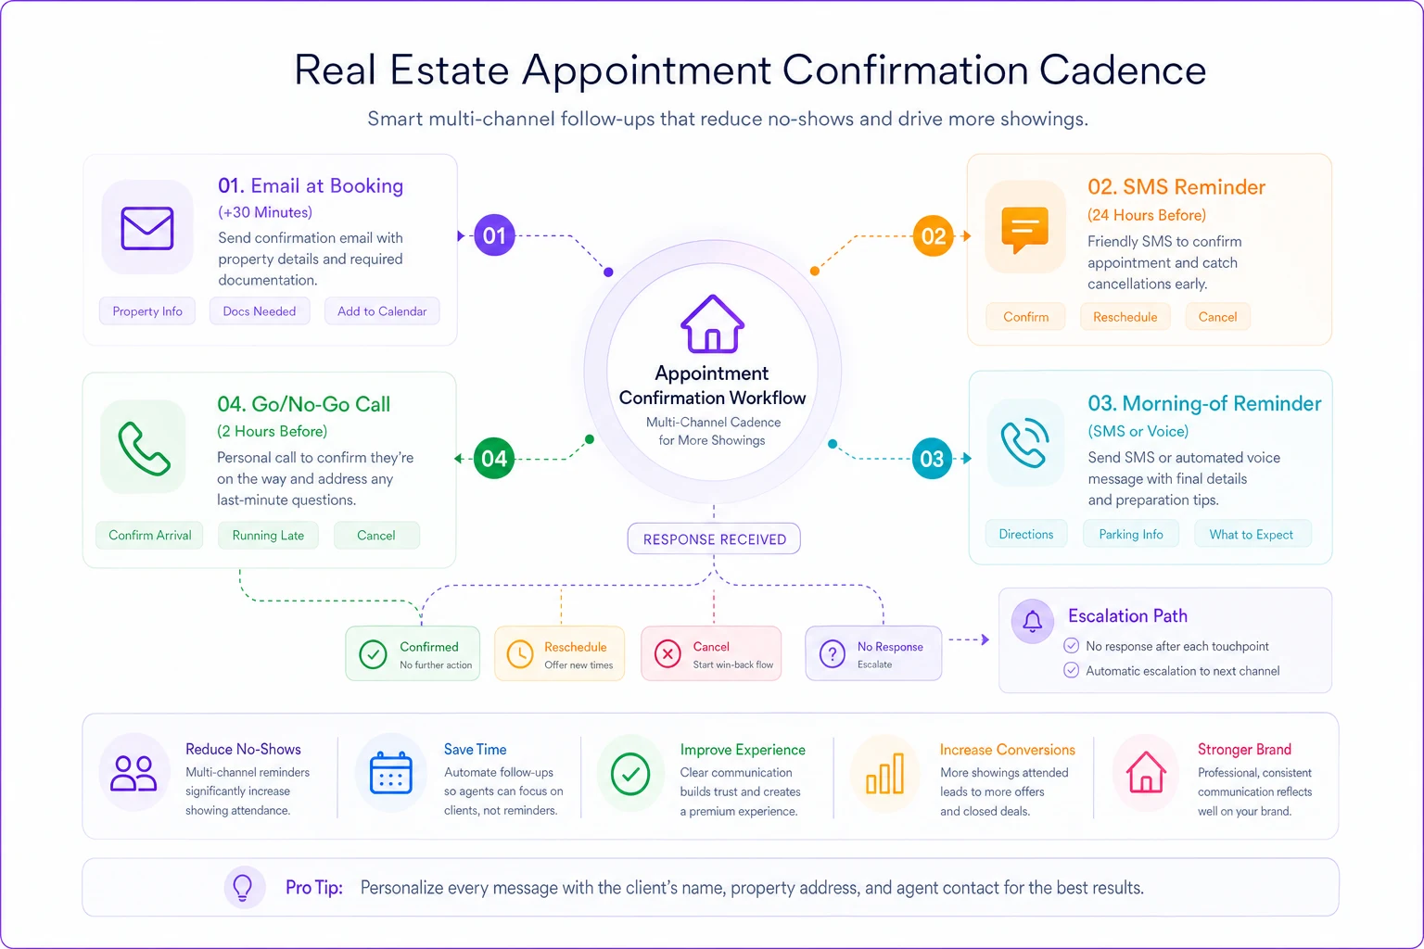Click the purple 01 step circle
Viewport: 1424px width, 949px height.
494,235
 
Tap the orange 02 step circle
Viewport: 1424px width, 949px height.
933,235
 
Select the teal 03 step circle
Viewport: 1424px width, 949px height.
932,459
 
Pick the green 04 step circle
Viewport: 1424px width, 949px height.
494,459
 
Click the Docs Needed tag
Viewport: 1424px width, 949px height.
260,311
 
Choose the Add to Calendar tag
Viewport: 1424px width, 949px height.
382,311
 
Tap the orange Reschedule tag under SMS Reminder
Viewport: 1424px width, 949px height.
1125,317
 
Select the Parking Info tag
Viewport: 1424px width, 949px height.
1131,534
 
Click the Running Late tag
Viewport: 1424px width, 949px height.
268,536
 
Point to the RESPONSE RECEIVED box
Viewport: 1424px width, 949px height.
714,539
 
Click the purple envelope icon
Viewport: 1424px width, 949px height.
147,228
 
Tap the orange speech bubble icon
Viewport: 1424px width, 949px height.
1024,230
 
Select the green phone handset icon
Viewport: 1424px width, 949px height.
144,449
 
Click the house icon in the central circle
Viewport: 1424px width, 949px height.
713,323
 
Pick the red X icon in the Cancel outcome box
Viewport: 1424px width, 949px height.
667,653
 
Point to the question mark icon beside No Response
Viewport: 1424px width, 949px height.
833,653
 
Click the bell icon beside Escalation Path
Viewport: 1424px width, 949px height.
1033,620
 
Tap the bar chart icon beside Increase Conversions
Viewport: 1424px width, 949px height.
885,774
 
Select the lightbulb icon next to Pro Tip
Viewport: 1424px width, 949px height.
243,887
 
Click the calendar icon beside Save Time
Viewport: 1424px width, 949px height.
391,773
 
